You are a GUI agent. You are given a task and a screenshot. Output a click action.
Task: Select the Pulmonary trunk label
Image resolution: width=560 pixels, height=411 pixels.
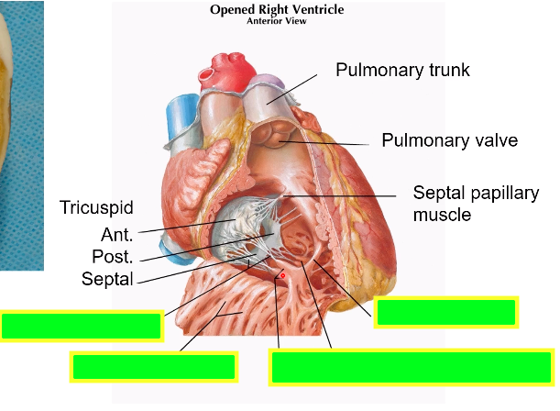pyautogui.click(x=402, y=70)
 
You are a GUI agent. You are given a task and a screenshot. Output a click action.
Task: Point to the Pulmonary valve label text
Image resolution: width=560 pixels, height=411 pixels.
pyautogui.click(x=449, y=140)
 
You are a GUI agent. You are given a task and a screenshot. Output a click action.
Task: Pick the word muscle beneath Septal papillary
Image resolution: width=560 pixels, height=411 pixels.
pyautogui.click(x=442, y=215)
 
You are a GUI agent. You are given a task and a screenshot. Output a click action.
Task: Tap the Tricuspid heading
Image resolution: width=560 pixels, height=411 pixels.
pyautogui.click(x=96, y=207)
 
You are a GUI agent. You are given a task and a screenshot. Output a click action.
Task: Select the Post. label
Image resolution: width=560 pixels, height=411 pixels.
pyautogui.click(x=113, y=256)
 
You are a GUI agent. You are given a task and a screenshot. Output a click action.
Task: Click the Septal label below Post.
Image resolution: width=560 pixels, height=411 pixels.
pyautogui.click(x=107, y=278)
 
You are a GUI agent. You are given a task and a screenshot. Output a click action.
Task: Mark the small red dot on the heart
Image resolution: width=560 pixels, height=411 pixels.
pyautogui.click(x=282, y=275)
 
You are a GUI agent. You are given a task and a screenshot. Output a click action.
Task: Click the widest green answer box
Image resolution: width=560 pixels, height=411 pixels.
pyautogui.click(x=411, y=366)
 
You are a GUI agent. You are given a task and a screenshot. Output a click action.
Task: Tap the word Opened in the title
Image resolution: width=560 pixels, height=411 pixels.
pyautogui.click(x=230, y=9)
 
